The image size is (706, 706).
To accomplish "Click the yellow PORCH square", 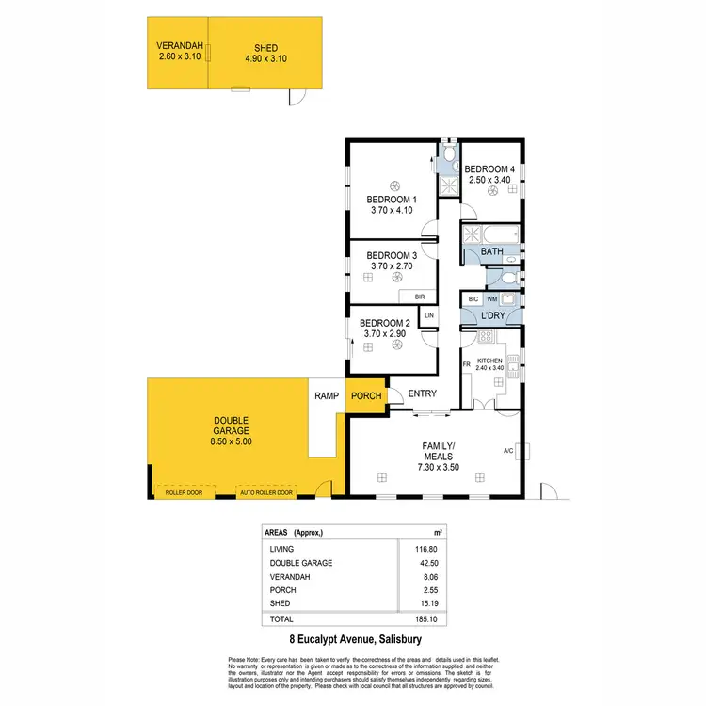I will [365, 396].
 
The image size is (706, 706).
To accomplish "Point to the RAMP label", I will [326, 396].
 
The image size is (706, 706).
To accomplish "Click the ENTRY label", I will [422, 394].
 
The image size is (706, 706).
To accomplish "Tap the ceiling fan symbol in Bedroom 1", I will [396, 185].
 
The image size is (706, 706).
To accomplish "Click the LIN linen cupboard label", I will [429, 315].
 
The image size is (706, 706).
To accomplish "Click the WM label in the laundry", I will [491, 298].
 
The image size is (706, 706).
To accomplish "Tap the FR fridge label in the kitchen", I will [466, 364].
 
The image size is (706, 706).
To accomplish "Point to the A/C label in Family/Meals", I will [509, 450].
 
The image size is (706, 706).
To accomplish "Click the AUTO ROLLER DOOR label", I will [266, 493].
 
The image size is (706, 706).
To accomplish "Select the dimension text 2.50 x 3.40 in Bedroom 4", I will [489, 179].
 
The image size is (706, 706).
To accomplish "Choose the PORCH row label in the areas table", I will [281, 590].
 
